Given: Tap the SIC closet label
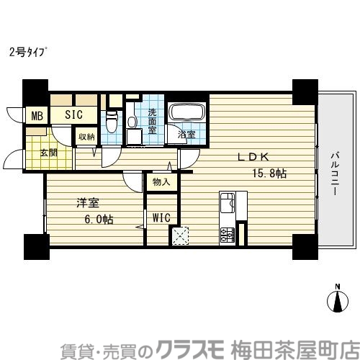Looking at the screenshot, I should [74, 114].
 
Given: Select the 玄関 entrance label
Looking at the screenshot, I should [49, 152].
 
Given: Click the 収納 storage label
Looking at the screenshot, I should [87, 135].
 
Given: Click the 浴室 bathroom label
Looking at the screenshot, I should [186, 134].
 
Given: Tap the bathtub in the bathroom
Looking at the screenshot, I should [187, 114].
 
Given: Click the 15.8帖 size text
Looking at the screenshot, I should [269, 174].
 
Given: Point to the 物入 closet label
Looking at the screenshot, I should [161, 182].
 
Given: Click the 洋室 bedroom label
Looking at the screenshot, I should [87, 204].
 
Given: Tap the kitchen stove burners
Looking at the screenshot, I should [227, 235].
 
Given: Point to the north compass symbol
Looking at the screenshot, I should [338, 300].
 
